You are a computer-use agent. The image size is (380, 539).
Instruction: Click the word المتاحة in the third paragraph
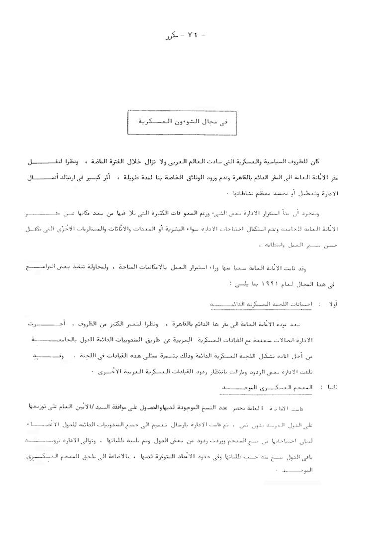[x=135, y=271]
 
